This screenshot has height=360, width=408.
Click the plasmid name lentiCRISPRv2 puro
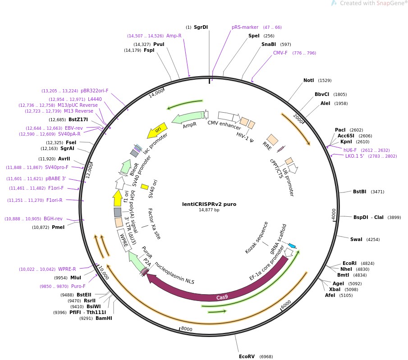tap(209, 204)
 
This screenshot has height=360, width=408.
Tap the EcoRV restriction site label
tap(247, 356)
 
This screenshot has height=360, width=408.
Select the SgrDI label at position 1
tap(201, 27)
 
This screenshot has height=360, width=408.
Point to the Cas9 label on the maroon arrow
tap(222, 297)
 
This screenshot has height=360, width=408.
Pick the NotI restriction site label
tap(308, 81)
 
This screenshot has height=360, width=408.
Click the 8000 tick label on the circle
tap(187, 329)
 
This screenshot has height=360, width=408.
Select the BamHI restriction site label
tap(104, 318)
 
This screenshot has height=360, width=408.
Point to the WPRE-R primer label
tap(67, 269)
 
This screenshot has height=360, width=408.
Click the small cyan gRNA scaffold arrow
tap(292, 246)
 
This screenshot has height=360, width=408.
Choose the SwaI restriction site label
tap(356, 239)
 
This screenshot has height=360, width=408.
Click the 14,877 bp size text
tap(209, 210)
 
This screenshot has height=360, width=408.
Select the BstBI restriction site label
tap(359, 191)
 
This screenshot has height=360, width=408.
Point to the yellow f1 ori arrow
tap(118, 198)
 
